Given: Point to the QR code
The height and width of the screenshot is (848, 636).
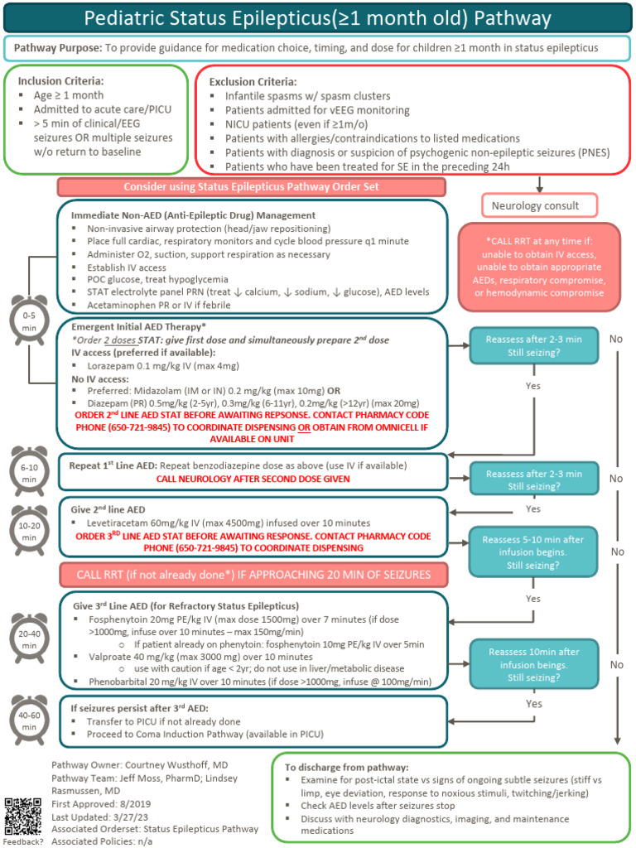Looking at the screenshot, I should [x=22, y=817].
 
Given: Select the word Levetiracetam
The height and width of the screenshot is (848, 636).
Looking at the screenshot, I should [x=121, y=523].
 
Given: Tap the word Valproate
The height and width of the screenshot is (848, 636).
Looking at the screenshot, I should [x=112, y=655].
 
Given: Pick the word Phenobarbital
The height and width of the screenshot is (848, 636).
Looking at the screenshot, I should [x=121, y=681].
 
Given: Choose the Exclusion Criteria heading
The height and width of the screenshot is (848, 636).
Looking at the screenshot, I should [x=253, y=82].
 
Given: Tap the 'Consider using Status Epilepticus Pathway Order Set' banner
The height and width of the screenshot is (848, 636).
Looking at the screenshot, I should [x=252, y=187].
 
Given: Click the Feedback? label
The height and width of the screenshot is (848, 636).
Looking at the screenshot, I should [x=22, y=841].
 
